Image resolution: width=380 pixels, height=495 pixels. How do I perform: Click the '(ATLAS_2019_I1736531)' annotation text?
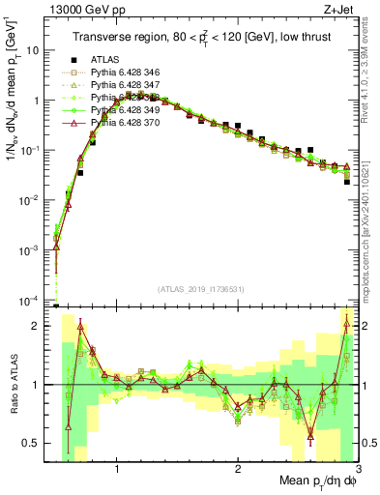pyautogui.click(x=201, y=289)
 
